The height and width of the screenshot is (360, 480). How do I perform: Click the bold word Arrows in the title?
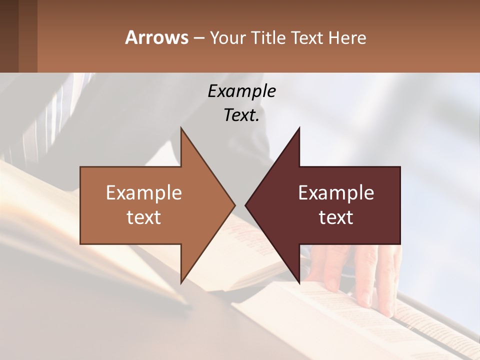coord(157,37)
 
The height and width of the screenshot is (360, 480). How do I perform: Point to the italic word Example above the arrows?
coord(241,91)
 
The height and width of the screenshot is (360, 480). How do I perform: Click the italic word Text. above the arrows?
coord(241,115)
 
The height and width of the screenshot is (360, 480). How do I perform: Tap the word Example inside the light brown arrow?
coord(144,193)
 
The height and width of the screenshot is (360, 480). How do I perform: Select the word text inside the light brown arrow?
coord(144,217)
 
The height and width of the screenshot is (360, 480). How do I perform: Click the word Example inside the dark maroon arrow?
coord(336,193)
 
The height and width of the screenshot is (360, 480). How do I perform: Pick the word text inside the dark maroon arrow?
coord(336,217)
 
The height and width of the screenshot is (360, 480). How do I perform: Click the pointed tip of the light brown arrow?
coord(234,205)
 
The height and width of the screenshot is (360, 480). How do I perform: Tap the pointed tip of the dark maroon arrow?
coord(246,205)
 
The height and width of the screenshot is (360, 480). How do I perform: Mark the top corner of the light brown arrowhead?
coord(181,128)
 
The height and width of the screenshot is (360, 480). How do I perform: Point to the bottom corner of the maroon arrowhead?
coord(299,281)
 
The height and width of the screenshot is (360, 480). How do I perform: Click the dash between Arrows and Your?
coord(198,38)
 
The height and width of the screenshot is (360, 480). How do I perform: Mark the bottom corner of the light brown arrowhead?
coord(181,281)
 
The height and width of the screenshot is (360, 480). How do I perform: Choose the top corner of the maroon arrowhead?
coord(299,128)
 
